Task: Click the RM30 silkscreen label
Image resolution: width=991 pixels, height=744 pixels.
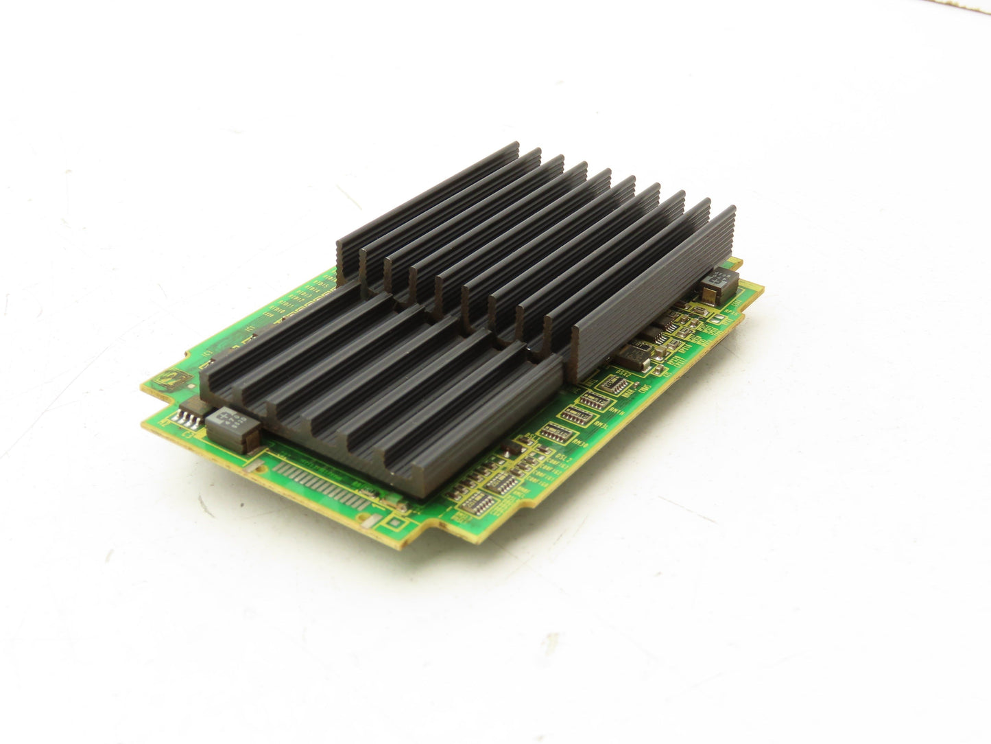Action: (x=580, y=443)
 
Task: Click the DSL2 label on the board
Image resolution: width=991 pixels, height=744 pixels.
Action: (x=564, y=458)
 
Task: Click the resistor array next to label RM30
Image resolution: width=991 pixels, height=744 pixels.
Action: (x=556, y=433)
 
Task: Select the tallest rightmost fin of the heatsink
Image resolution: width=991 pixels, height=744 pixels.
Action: (x=652, y=288)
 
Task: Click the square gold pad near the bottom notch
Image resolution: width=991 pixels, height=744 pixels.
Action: (x=395, y=522)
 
